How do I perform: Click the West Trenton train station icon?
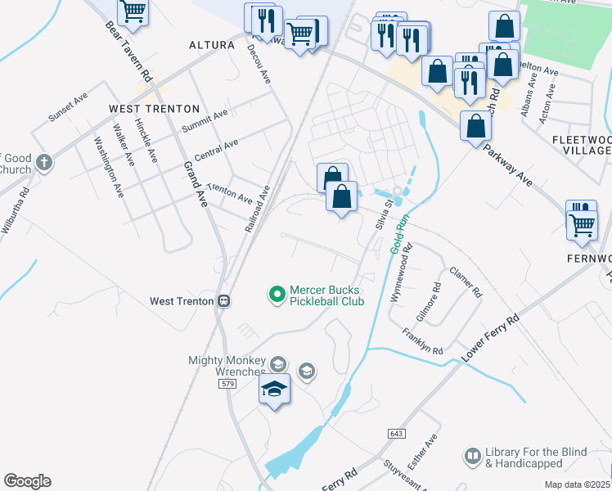click(x=223, y=301)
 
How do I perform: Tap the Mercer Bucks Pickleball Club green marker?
click(x=277, y=292)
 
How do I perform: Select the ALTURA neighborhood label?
click(x=212, y=45)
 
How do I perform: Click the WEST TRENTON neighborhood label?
click(x=155, y=109)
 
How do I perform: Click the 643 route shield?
click(x=397, y=433)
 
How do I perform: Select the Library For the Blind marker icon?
click(x=472, y=456)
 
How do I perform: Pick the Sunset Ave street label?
click(x=67, y=107)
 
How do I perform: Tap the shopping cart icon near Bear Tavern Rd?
click(x=133, y=12)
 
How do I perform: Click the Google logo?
click(x=27, y=481)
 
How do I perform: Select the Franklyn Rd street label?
click(x=422, y=340)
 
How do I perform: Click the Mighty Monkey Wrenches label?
click(x=227, y=366)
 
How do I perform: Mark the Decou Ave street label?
click(x=259, y=64)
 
